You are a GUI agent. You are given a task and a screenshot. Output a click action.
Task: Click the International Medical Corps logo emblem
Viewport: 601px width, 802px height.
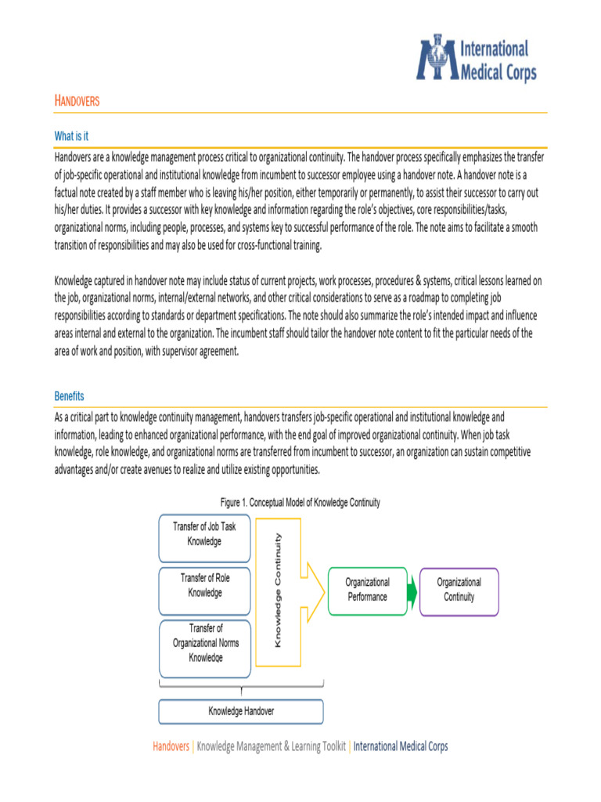[x=436, y=57]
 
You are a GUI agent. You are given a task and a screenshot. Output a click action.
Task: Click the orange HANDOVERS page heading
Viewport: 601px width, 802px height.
[x=77, y=101]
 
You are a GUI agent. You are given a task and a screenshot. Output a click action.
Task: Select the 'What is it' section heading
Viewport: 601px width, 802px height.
[x=71, y=136]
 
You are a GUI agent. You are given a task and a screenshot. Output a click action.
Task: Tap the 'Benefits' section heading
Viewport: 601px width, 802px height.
[x=69, y=396]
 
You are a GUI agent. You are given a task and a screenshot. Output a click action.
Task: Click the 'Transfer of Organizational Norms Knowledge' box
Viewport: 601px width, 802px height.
[x=204, y=643]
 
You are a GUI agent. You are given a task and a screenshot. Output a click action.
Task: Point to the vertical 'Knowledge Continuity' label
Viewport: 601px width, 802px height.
[x=278, y=590]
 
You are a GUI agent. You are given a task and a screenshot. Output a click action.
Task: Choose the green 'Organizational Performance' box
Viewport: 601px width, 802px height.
[x=367, y=590]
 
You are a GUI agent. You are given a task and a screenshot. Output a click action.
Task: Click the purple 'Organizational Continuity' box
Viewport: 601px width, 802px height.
[x=459, y=590]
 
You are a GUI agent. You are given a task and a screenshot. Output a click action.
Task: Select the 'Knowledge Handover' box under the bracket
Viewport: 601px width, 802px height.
[x=241, y=711]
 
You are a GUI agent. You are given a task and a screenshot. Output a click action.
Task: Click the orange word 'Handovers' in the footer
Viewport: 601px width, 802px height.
[x=171, y=746]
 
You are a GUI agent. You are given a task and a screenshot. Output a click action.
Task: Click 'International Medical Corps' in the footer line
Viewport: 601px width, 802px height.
[x=401, y=746]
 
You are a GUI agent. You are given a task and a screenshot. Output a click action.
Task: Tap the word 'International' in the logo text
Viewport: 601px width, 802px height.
[x=495, y=49]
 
